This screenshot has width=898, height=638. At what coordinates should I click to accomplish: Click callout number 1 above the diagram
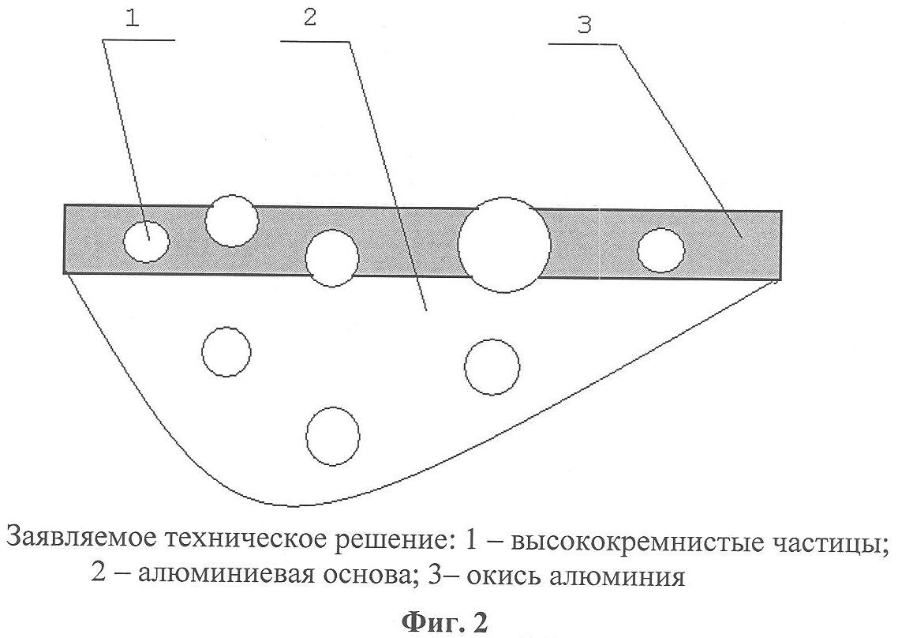(x=133, y=19)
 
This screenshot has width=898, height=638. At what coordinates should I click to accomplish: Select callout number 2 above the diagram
(x=310, y=17)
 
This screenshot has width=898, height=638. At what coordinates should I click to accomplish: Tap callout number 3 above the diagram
(x=584, y=26)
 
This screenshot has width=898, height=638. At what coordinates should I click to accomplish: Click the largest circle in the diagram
(x=504, y=245)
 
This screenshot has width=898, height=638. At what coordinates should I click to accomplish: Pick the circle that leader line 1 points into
(x=147, y=242)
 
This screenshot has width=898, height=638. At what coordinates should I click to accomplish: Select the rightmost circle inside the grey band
(x=660, y=250)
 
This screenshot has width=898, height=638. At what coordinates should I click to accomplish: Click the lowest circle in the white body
(x=333, y=436)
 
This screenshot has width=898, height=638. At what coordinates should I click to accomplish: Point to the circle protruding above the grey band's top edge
(x=231, y=220)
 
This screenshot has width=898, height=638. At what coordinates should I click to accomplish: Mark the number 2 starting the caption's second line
(x=98, y=572)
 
